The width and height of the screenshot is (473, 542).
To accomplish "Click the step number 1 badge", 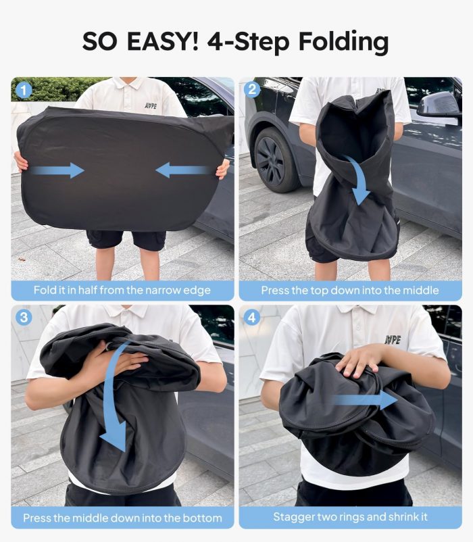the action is [24, 91].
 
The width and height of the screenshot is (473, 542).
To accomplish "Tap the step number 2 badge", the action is [252, 89].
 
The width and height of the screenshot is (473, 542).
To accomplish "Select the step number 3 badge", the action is [24, 318].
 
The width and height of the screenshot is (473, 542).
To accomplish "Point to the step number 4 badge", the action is [252, 318].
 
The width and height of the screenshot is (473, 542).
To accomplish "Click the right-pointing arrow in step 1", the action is [57, 170].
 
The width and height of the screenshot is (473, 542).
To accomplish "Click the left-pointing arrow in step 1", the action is [182, 170].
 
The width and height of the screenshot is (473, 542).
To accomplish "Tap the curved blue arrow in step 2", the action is [357, 180].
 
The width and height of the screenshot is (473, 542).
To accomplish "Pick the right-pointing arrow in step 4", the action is [364, 400].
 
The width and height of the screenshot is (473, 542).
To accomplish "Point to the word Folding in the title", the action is [343, 43].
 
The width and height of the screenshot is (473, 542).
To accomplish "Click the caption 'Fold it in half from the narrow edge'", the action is [122, 291].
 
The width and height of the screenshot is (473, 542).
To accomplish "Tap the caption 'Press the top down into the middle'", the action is [350, 291].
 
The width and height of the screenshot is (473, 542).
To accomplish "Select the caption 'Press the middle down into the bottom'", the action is [122, 518].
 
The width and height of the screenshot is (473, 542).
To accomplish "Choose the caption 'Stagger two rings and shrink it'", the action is [350, 517].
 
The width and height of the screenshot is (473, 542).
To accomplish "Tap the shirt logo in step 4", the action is [393, 340].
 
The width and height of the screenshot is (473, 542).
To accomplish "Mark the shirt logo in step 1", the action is [151, 105].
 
